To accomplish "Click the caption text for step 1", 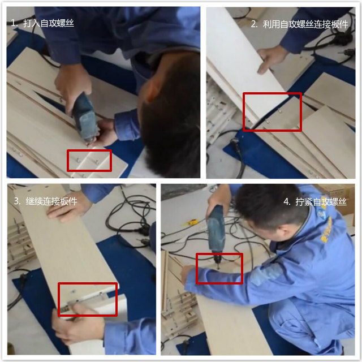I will point(42,23).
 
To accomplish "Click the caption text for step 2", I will point(303,24).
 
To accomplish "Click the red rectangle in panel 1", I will point(89,160).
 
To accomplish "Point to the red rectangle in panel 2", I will point(272,111).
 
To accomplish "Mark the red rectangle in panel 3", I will point(88,299).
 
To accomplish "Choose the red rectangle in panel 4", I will point(219,268).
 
